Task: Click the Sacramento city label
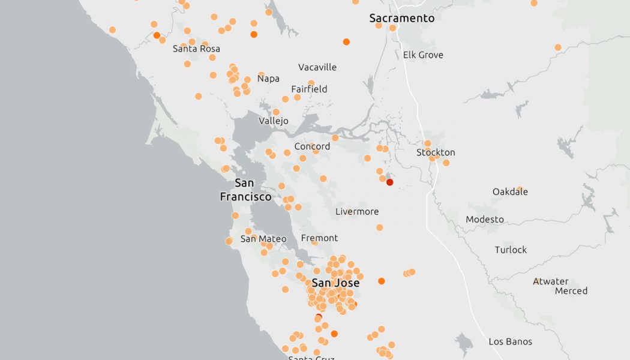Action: tap(401, 19)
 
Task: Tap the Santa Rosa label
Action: tap(196, 49)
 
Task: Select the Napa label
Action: tap(268, 79)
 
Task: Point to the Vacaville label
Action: tap(317, 67)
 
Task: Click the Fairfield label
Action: tap(309, 89)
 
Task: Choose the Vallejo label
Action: tap(273, 121)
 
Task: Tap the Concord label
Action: tap(312, 146)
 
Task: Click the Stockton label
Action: tap(436, 152)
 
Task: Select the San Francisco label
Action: tap(245, 190)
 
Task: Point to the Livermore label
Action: tap(357, 211)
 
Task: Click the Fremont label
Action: tap(319, 238)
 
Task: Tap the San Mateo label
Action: tap(263, 239)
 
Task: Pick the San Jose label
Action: tap(336, 283)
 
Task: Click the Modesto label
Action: tap(485, 220)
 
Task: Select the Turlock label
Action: tap(511, 250)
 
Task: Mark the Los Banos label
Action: tap(510, 342)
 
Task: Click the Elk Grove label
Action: tap(423, 55)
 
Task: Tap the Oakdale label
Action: tap(510, 192)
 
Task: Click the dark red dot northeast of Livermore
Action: tap(389, 182)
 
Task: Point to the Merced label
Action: tap(571, 291)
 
